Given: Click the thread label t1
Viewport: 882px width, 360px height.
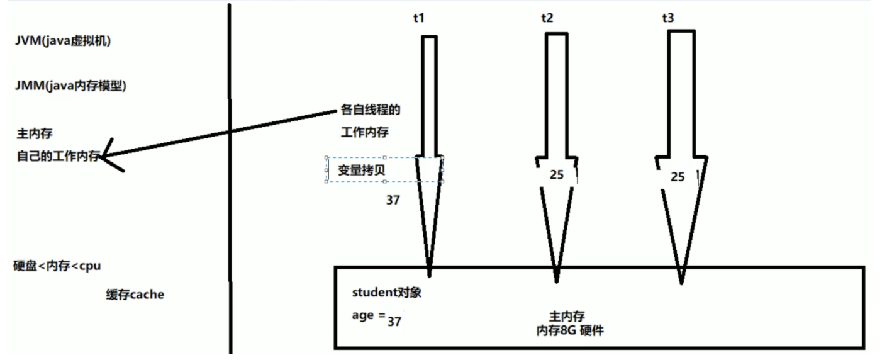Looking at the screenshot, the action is coord(418,18).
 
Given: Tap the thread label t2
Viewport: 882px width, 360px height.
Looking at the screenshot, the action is coord(547,18).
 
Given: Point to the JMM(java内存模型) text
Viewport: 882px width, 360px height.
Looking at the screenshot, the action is coord(70,87).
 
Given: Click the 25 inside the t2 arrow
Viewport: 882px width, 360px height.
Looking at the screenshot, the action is coord(556,176).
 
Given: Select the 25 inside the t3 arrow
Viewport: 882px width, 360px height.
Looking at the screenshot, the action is coord(677,177).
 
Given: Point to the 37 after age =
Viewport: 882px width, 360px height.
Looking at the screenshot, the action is coord(394,322).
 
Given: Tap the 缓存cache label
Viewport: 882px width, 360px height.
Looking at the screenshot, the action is coord(135,294).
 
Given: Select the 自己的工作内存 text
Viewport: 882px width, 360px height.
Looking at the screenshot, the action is coord(58,157).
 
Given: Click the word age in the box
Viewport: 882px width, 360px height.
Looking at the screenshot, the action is coord(362,316).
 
